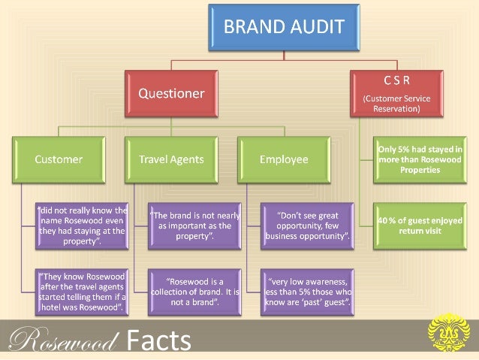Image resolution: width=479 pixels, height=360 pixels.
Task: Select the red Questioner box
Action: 170,94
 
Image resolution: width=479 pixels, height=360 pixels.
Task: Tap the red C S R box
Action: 395,93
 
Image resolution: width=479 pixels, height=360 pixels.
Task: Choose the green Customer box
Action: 59,159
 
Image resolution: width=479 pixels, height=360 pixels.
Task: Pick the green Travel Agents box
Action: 172,159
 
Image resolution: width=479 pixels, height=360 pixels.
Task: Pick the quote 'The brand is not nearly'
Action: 195,225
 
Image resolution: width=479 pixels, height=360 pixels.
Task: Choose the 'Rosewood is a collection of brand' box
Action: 195,291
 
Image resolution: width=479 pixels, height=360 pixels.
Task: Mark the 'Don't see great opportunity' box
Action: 308,225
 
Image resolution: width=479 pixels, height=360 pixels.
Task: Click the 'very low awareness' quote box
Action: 308,291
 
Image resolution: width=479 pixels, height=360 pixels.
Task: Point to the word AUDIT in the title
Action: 315,29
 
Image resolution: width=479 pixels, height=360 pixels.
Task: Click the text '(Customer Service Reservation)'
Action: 395,104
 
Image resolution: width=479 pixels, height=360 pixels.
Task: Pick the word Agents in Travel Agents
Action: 188,159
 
